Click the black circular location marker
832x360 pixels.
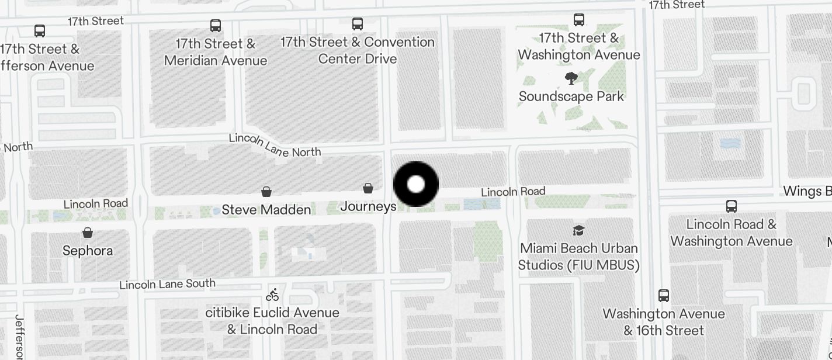click(416, 185)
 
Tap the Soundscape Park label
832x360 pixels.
click(571, 96)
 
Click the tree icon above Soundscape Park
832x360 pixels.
click(571, 78)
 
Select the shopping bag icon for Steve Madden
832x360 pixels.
click(266, 192)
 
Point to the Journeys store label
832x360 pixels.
click(368, 206)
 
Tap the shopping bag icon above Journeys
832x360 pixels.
click(368, 188)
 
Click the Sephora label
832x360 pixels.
click(88, 251)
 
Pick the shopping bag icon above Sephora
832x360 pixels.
click(88, 233)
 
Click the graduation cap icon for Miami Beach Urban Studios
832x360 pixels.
click(578, 230)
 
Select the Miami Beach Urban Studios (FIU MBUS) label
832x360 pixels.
click(578, 257)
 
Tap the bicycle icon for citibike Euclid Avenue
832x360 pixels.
click(272, 295)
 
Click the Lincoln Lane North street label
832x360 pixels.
click(275, 145)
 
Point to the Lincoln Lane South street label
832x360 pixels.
click(168, 285)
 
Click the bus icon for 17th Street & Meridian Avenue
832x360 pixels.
click(216, 26)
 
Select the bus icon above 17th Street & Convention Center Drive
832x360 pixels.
click(358, 24)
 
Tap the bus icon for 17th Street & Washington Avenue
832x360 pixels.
click(579, 20)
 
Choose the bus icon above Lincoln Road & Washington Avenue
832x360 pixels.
click(732, 206)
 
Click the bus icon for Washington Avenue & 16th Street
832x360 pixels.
click(664, 295)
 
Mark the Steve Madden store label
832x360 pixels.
click(266, 210)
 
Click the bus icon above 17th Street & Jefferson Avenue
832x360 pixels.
click(40, 30)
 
